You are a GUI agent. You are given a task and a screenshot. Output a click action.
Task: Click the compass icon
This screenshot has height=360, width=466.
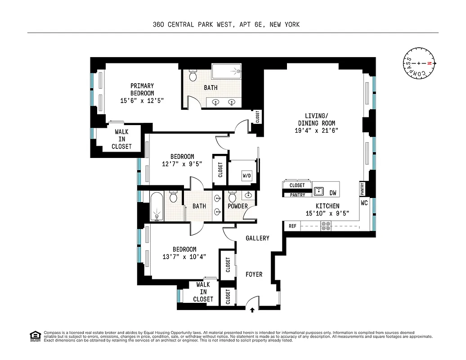pyautogui.click(x=419, y=63)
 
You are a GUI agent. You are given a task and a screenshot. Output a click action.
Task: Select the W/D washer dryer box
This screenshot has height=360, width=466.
pyautogui.click(x=246, y=175)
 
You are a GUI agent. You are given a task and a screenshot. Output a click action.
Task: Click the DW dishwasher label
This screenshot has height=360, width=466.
pyautogui.click(x=333, y=193)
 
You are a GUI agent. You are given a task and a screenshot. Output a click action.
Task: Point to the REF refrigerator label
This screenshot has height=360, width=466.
pyautogui.click(x=292, y=226)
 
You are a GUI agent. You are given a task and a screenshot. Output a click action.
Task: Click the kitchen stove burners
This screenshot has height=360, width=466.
pyautogui.click(x=326, y=226)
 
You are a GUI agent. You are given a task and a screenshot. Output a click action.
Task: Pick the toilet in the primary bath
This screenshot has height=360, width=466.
pyautogui.click(x=193, y=75)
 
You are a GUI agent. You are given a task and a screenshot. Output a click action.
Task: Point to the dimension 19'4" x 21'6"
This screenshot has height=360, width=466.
pyautogui.click(x=316, y=130)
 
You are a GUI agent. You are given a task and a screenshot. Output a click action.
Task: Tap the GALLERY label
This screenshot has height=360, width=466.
pyautogui.click(x=257, y=238)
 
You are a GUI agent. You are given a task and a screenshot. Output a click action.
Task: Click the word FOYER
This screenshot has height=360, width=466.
pyautogui.click(x=254, y=274)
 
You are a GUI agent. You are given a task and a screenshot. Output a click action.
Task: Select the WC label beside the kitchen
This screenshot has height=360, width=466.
pyautogui.click(x=364, y=203)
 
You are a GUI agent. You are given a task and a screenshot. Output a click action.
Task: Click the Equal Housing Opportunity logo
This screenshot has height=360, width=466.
pyautogui.click(x=34, y=336)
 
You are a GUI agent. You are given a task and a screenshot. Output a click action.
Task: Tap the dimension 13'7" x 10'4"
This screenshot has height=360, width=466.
pyautogui.click(x=184, y=256)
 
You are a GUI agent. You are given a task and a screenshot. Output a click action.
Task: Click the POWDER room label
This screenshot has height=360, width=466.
pyautogui.click(x=237, y=206)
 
